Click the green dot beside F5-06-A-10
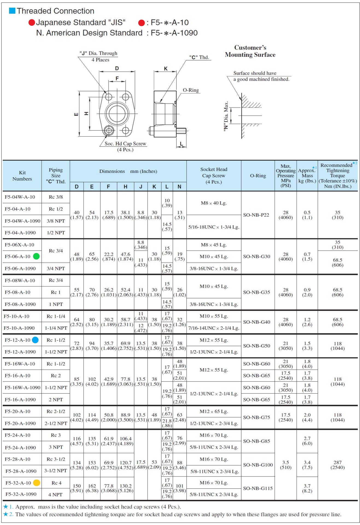click(x=36, y=256)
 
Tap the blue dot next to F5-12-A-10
click(x=35, y=340)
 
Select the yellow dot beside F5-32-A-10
click(x=36, y=483)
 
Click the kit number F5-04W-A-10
click(x=20, y=197)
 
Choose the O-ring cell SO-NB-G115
click(x=258, y=488)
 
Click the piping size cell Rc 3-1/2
click(x=56, y=459)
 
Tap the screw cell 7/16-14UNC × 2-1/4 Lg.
click(x=214, y=328)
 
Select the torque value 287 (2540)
click(x=337, y=465)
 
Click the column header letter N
click(x=179, y=187)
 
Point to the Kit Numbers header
click(x=22, y=176)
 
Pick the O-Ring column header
click(x=258, y=176)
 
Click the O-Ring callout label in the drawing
click(x=191, y=90)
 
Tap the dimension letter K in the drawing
click(x=166, y=69)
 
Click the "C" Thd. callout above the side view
click(x=199, y=57)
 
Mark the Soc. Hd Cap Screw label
click(x=125, y=144)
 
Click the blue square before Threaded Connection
click(x=12, y=11)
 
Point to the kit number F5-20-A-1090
click(x=21, y=423)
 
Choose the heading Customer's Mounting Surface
click(x=250, y=51)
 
